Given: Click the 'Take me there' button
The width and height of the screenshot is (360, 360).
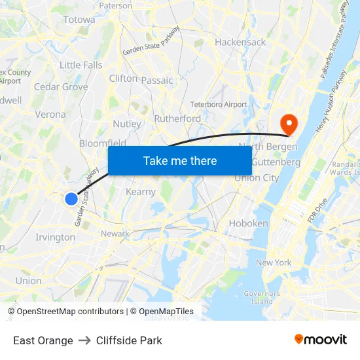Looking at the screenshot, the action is coord(180,160).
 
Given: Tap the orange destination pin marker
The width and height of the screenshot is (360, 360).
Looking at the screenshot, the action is coord(288,122).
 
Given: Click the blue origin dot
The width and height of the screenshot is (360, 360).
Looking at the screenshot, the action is coord(71,198).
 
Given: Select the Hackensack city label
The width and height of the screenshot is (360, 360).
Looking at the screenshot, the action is coord(240,42).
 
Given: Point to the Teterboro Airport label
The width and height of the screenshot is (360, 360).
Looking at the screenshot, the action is coord(219,104).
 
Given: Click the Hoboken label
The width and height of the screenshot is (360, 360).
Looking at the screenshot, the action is coord(248,223).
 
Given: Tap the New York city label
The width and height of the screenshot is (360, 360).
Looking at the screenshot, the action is coord(274,262).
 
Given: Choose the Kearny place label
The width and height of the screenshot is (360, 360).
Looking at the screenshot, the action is coord(141,192).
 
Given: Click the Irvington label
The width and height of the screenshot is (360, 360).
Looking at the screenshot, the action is coord(55,237).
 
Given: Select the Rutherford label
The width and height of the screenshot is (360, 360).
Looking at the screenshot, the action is coord(177,118).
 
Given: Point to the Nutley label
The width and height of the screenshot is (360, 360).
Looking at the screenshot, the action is coord(127,124).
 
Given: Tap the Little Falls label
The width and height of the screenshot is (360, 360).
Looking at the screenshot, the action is coord(81,65).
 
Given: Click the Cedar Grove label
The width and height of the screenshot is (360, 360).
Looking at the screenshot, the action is coord(61,86).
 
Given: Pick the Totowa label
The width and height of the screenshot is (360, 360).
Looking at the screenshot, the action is coord(79,20).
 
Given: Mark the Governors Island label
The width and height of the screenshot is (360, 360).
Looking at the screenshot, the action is coord(262,298).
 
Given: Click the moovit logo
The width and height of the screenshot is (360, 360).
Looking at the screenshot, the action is coord(321,339).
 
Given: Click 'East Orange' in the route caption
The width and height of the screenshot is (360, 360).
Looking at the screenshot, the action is coord(43,340).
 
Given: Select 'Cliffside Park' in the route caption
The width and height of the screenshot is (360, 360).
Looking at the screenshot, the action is coord(129,340).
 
